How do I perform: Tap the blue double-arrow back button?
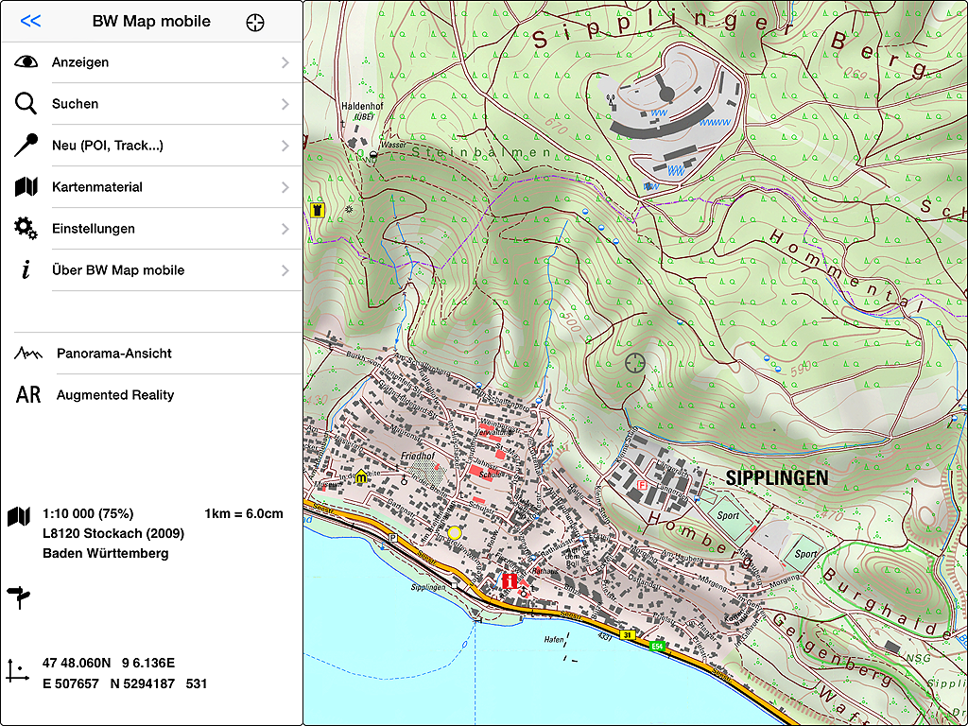click(30, 21)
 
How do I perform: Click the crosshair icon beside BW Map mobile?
click(254, 22)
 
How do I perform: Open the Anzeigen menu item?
click(80, 62)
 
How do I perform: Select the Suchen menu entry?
click(75, 104)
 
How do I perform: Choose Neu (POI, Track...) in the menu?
click(107, 146)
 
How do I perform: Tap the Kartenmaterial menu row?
click(96, 187)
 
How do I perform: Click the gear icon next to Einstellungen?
click(26, 229)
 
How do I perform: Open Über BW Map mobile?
click(117, 270)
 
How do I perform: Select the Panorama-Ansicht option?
click(113, 354)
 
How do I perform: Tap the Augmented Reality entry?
click(114, 395)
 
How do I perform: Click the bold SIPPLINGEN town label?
click(776, 478)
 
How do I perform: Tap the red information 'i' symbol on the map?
click(511, 581)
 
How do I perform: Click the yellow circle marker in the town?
click(455, 532)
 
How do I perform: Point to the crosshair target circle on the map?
click(636, 361)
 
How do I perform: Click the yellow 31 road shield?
click(627, 634)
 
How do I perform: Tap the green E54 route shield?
click(657, 646)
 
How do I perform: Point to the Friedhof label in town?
click(417, 456)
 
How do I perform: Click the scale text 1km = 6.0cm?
click(243, 513)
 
